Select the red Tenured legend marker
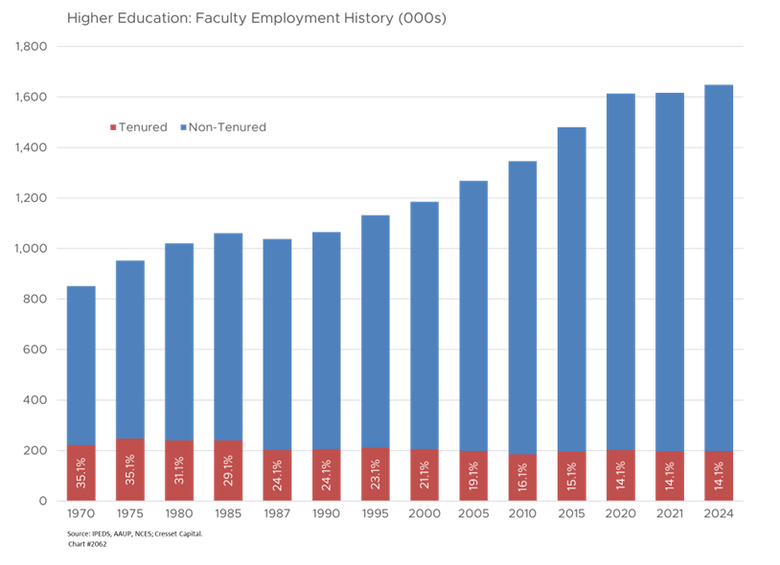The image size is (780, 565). tap(114, 127)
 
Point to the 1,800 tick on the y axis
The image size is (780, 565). tap(34, 46)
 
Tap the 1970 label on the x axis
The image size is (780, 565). tap(80, 515)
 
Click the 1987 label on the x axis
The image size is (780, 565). tap(277, 515)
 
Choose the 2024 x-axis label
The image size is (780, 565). tap(719, 515)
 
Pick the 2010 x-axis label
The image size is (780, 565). tap(522, 515)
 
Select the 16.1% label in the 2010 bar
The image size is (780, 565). tap(522, 475)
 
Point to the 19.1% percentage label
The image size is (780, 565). tap(473, 475)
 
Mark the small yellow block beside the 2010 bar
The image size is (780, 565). tap(546, 476)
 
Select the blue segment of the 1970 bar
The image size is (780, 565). tap(80, 365)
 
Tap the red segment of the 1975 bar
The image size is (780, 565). tap(130, 468)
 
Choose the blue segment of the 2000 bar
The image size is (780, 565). tap(424, 325)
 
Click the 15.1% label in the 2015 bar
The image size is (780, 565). tap(572, 475)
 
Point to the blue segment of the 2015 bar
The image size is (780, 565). tap(572, 287)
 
